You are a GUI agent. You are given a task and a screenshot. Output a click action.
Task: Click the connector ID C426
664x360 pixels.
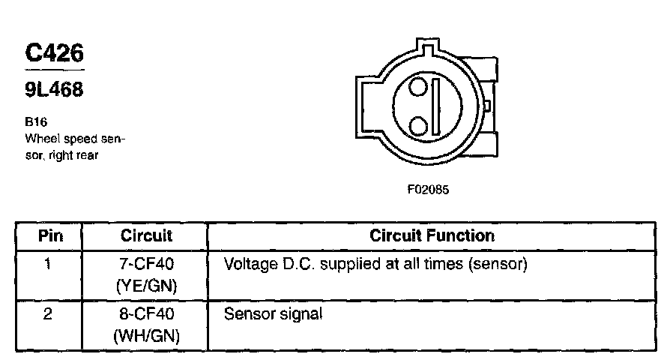coord(54,53)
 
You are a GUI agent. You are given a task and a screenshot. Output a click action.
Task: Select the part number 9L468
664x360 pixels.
coord(54,90)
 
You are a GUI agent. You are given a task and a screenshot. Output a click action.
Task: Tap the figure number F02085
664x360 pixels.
coord(428,190)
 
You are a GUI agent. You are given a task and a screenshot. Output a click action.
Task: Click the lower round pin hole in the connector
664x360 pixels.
coord(419,123)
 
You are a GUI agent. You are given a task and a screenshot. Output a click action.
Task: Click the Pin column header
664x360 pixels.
coord(49,235)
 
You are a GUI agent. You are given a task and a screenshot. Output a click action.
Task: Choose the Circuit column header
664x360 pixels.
coord(146,235)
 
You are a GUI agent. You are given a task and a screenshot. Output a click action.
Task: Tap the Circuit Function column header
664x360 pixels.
coord(432,235)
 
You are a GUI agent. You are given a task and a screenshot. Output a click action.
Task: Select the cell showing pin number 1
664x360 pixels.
coord(48,265)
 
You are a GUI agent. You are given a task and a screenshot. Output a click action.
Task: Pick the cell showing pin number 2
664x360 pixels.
coord(48,314)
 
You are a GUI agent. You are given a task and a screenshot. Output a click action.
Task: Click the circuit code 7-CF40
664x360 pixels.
coord(146,265)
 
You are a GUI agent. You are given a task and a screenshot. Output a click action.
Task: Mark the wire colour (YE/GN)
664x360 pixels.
coord(146,285)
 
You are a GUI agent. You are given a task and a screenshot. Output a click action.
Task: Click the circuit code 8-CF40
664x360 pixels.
coord(146,314)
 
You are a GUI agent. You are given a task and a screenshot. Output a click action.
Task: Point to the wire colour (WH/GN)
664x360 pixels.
coord(146,335)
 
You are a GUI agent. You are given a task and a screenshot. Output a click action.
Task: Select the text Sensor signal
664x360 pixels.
coord(274,314)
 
